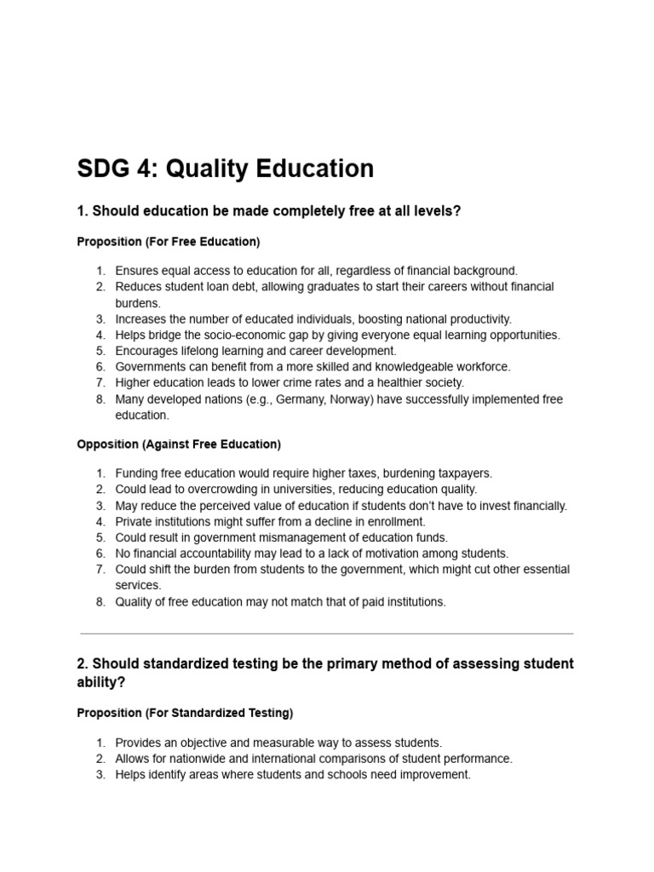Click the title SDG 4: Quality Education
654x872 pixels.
coord(226,169)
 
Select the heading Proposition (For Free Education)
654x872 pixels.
coord(169,242)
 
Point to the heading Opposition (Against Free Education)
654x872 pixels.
coord(179,445)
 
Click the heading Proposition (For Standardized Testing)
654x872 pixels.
coord(185,713)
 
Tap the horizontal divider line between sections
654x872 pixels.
coord(327,634)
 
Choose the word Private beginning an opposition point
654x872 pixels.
coord(135,521)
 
